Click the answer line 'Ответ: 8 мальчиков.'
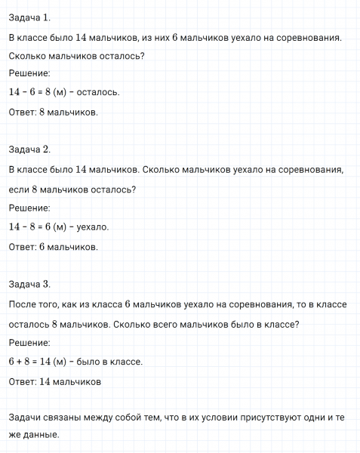pyautogui.click(x=53, y=112)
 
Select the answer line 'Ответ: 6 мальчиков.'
pyautogui.click(x=53, y=246)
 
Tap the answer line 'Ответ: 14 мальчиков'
pyautogui.click(x=54, y=381)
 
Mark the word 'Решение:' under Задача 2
pyautogui.click(x=29, y=208)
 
